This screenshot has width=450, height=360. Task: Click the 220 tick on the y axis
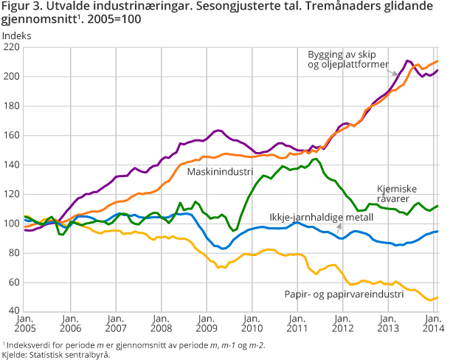[x=13, y=46]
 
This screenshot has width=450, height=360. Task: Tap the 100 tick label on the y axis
[x=13, y=224]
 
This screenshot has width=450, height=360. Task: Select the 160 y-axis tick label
[x=13, y=135]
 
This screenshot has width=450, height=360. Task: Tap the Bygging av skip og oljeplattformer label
[x=349, y=60]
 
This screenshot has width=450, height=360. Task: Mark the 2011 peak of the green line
[x=315, y=159]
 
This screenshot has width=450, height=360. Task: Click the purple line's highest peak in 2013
[x=408, y=60]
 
